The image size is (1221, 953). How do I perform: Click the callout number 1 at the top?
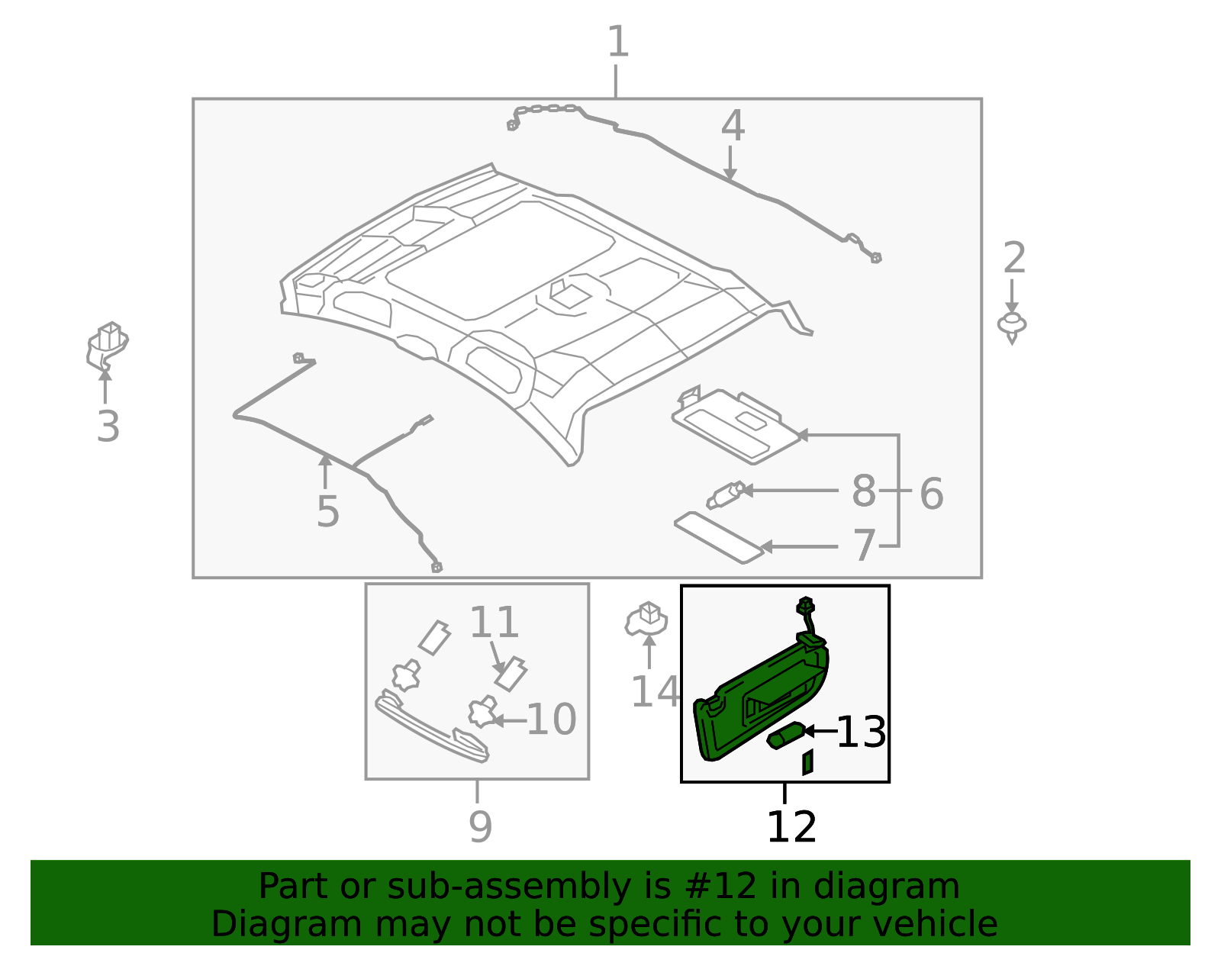(617, 42)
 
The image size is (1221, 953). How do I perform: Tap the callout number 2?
(1013, 259)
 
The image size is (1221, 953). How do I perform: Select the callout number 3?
(108, 427)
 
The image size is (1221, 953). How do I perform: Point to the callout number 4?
(732, 126)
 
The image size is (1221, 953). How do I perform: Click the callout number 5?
(327, 511)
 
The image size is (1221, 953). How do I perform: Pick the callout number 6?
(931, 494)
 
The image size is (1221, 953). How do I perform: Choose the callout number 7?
(864, 546)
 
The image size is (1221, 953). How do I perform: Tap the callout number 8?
(863, 491)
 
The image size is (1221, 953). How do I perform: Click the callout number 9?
(480, 826)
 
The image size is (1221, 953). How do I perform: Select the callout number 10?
(551, 720)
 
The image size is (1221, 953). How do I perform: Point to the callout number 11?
(494, 623)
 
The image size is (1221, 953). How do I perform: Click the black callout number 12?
(791, 827)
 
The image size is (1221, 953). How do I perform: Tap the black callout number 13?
(861, 732)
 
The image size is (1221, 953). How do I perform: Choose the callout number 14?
(654, 692)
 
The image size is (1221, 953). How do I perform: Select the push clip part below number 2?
(1012, 326)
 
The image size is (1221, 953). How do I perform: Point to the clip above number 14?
(646, 619)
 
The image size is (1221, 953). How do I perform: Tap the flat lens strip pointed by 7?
(717, 538)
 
